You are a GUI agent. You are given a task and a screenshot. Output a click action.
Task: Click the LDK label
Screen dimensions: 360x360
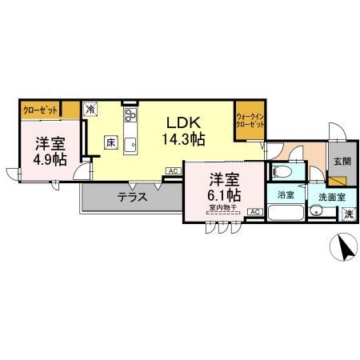[x=182, y=122]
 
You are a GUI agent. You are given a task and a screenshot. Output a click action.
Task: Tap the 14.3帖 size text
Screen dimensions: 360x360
[x=182, y=139]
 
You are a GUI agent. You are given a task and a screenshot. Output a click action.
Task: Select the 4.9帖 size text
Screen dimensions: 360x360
[x=50, y=159]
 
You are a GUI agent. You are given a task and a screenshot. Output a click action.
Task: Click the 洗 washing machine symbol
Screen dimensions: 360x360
[x=348, y=214]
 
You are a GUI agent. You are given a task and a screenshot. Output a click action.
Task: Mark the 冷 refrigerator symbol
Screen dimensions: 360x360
[x=92, y=110]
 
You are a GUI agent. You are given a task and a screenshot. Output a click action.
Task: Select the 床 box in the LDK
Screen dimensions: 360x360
[x=110, y=142]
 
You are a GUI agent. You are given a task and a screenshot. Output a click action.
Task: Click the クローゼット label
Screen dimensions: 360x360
[x=39, y=110]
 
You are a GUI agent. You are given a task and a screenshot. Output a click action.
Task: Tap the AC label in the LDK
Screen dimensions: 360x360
[x=172, y=171]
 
